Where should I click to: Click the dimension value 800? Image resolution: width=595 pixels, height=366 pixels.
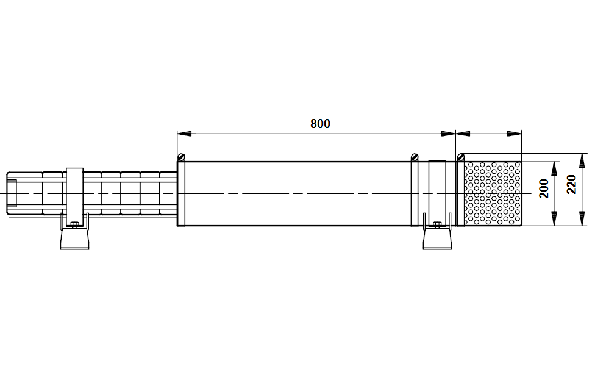[x=320, y=124]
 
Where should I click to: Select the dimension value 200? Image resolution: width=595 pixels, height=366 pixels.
[x=544, y=188]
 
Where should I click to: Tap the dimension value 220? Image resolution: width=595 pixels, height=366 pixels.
[x=571, y=184]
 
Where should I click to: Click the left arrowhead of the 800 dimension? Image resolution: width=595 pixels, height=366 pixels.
[x=184, y=134]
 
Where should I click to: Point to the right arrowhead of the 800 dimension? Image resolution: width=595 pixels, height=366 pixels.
[x=448, y=134]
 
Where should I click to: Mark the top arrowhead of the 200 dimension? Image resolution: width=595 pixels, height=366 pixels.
[x=554, y=168]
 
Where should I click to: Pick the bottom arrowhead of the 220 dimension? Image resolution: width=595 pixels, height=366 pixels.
[x=582, y=219]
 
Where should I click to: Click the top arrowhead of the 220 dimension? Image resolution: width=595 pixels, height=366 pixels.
[x=582, y=160]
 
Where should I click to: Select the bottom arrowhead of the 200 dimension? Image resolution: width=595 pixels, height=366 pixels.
[x=554, y=219]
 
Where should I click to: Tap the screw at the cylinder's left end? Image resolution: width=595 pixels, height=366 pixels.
[x=182, y=157]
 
